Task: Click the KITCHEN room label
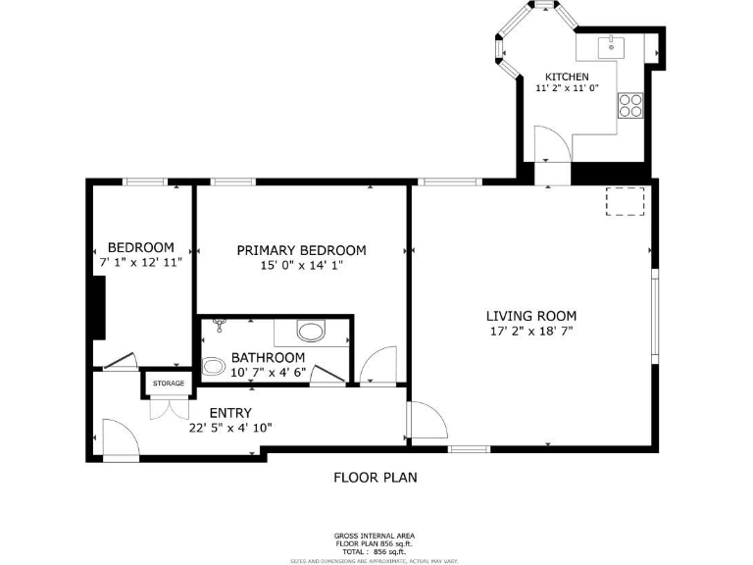(567, 77)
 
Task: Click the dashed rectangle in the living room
(625, 200)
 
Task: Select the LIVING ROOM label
(530, 316)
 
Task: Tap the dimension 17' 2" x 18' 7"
(530, 332)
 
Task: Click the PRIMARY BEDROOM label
(301, 250)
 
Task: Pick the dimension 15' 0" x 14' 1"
(301, 265)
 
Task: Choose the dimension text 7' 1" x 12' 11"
(140, 263)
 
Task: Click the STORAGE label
(168, 384)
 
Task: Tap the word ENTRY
(230, 413)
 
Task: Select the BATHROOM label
(268, 358)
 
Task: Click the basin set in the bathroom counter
(312, 331)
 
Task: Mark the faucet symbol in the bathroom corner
(219, 325)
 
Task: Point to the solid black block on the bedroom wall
(98, 307)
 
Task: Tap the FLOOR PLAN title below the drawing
(376, 478)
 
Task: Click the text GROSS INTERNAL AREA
(375, 536)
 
